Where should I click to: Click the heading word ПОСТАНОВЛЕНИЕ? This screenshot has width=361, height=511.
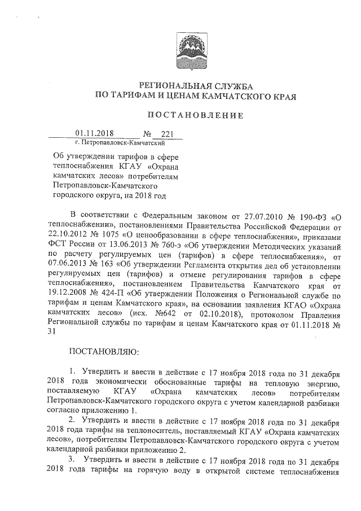pos(195,115)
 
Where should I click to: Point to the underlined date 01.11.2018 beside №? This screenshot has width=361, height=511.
pos(94,134)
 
